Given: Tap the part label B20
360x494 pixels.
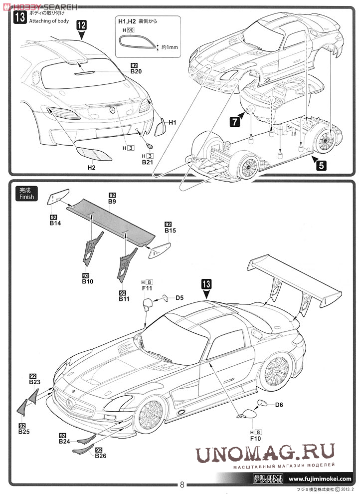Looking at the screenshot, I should [x=136, y=71].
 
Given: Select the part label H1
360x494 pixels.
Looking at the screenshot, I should [x=173, y=122].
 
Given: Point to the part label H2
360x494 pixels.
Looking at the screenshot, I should [x=91, y=168].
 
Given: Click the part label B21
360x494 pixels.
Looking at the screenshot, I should [x=147, y=162].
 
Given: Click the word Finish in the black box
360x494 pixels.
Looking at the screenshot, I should [x=27, y=197].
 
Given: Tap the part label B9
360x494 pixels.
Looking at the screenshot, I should [x=112, y=201].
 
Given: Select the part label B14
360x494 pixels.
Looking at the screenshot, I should [x=55, y=224].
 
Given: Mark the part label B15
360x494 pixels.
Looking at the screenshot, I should [x=170, y=231].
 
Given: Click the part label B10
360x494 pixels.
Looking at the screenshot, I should [x=88, y=281].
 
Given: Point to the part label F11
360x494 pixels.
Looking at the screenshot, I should [x=147, y=288].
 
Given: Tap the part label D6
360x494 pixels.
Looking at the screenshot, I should [x=279, y=405].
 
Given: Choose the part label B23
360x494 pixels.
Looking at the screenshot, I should [x=34, y=382].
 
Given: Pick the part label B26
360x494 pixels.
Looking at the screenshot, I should [x=100, y=456].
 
